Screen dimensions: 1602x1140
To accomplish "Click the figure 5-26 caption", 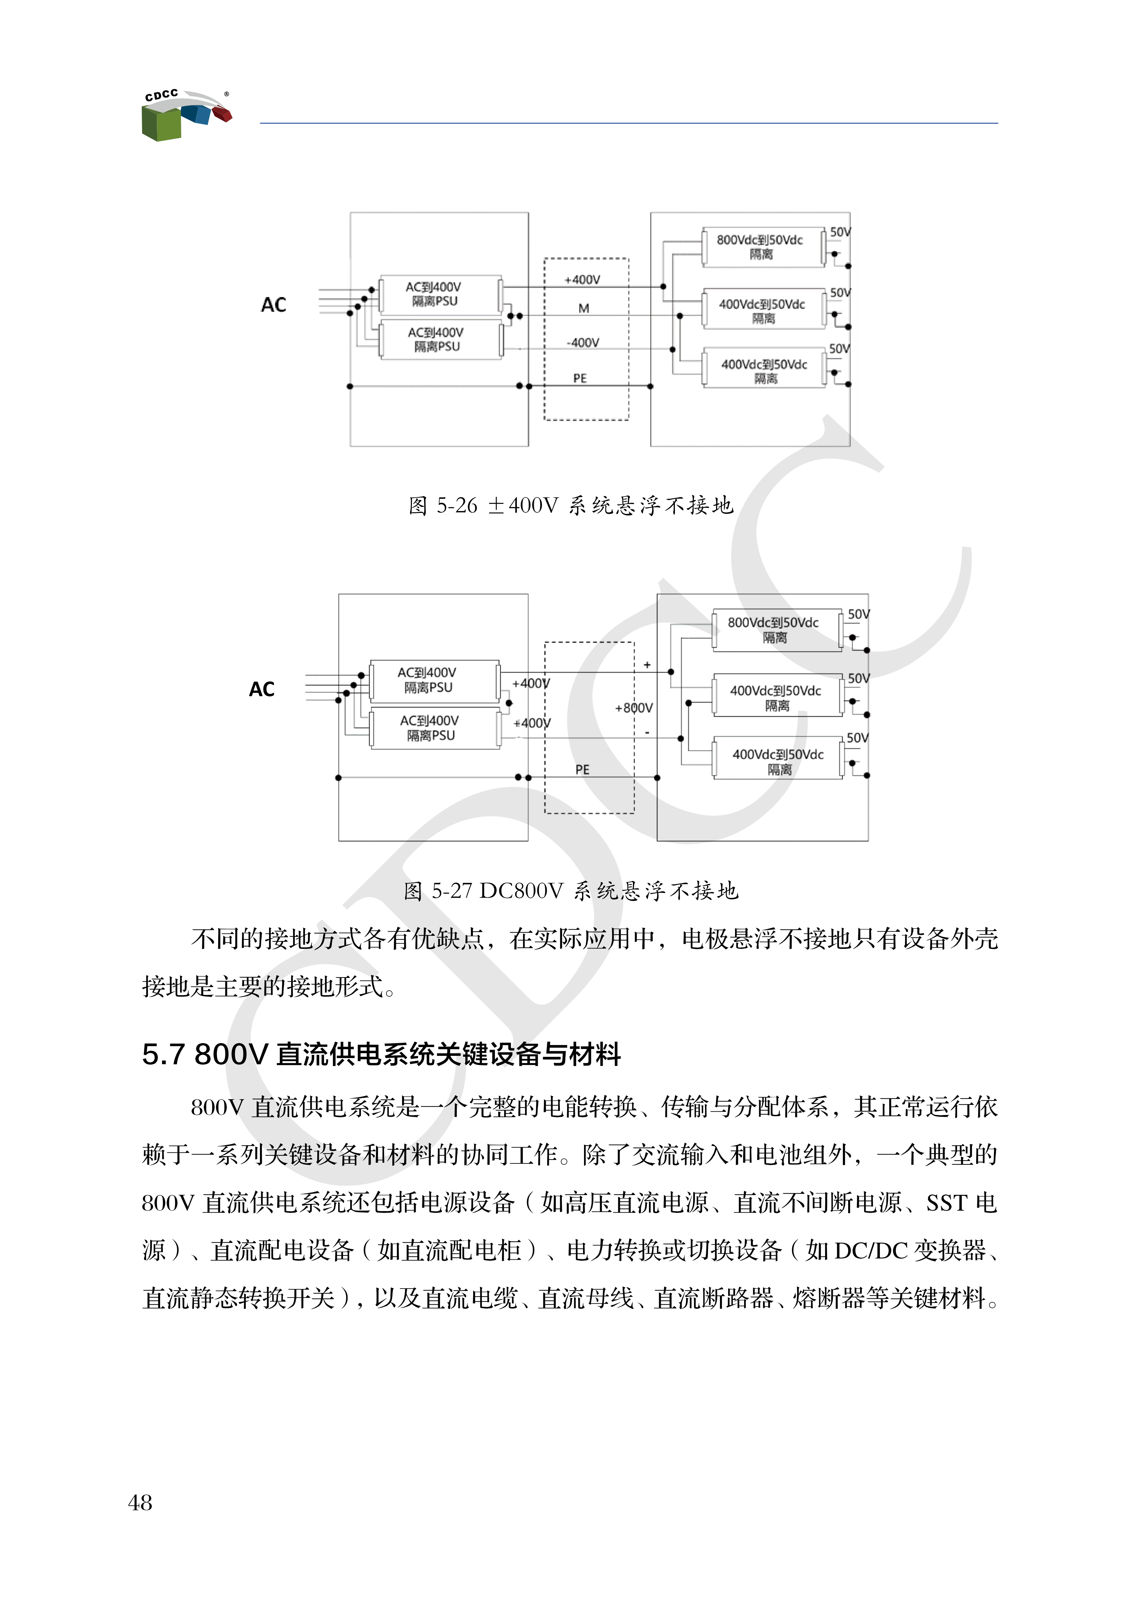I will click(571, 505).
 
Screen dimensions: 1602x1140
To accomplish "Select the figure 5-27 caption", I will click(571, 891).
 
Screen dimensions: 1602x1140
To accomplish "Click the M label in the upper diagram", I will click(583, 308).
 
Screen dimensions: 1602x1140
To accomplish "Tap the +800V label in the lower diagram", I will click(633, 708).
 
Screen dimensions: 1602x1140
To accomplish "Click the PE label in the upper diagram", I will click(580, 378).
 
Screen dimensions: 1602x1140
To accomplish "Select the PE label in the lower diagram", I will click(582, 770).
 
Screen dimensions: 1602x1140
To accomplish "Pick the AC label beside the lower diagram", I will click(262, 689).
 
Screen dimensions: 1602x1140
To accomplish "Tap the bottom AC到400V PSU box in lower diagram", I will click(432, 728).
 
